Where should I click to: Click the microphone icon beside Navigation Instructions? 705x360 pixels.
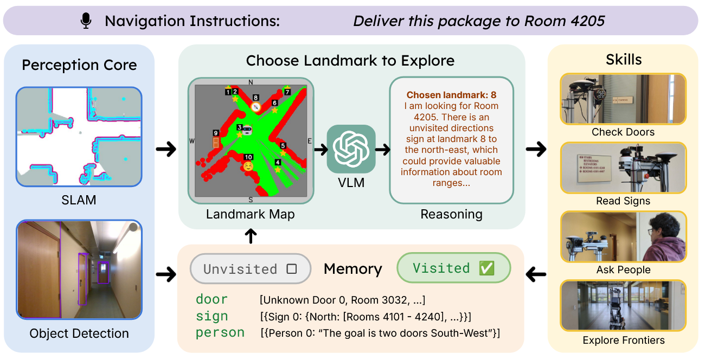click(x=86, y=21)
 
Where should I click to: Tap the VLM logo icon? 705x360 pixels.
click(x=351, y=149)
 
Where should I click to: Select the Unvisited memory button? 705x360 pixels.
click(x=250, y=269)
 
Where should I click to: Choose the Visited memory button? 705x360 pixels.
click(x=454, y=268)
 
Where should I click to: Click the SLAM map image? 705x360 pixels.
click(x=79, y=137)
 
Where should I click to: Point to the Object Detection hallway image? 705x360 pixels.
click(x=79, y=269)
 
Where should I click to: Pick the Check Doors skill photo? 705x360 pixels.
click(x=623, y=99)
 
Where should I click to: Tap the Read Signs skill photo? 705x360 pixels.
click(x=623, y=168)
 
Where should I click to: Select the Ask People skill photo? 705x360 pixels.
click(x=623, y=236)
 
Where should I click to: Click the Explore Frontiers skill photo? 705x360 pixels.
click(x=623, y=305)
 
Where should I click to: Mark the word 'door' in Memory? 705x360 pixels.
click(x=212, y=299)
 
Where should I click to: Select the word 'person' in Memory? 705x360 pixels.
click(x=220, y=332)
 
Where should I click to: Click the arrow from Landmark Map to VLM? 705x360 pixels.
click(x=321, y=150)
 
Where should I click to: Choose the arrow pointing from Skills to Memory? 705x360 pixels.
click(x=536, y=275)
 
